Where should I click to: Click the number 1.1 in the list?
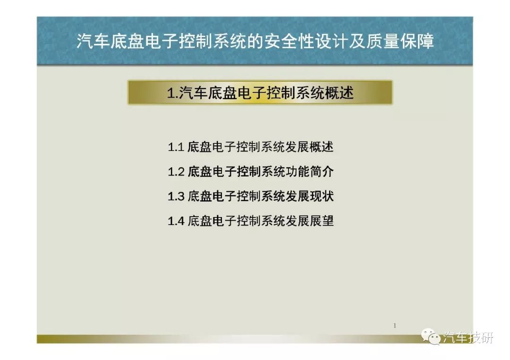176,147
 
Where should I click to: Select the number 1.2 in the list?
176,172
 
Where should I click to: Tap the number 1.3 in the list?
176,197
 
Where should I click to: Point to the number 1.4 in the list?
176,221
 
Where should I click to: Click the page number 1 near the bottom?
395,326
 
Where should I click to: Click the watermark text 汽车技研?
468,337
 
